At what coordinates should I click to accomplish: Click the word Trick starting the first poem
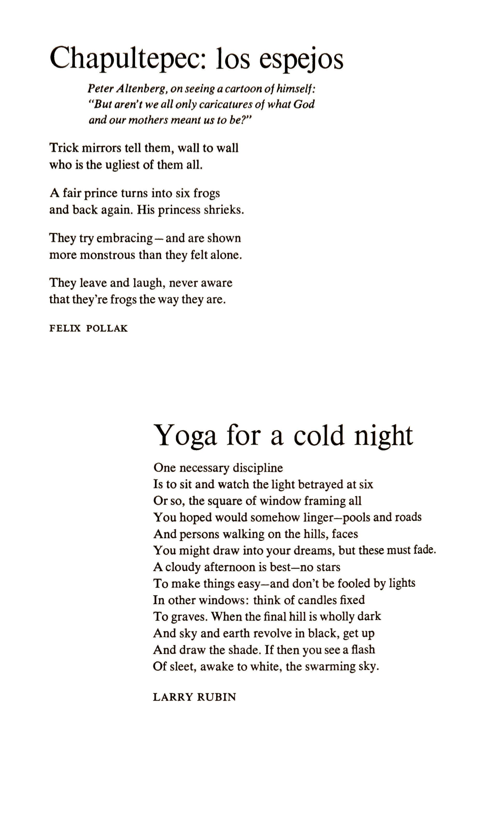[x=64, y=148]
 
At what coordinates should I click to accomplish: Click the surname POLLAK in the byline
[x=107, y=328]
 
